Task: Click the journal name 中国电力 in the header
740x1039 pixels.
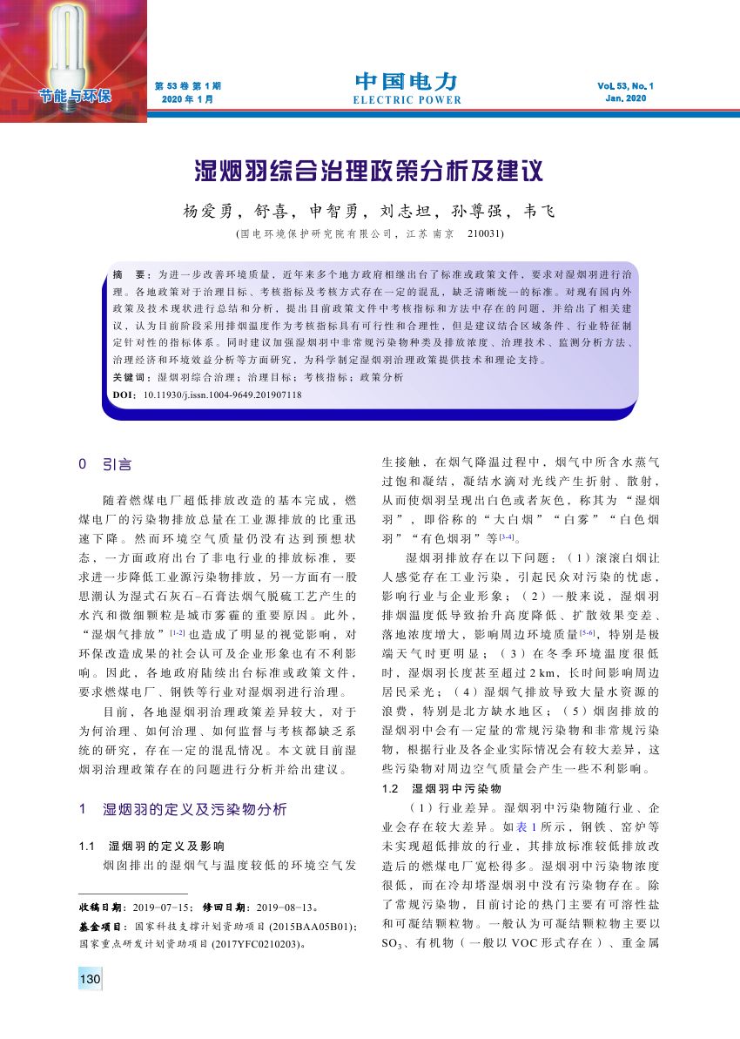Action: click(x=407, y=82)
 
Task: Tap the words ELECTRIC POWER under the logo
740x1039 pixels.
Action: click(x=407, y=100)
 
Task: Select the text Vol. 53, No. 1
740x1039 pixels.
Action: click(x=625, y=86)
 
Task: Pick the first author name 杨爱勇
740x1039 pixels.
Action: click(x=203, y=212)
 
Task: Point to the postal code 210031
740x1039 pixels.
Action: click(x=485, y=233)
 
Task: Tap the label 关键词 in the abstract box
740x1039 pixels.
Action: click(x=131, y=377)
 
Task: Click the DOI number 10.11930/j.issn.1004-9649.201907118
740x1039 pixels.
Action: click(x=222, y=395)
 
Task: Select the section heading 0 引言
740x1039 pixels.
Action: click(x=105, y=466)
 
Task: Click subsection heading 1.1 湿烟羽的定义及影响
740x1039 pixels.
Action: click(x=151, y=846)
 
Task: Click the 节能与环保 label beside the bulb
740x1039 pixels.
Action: click(x=74, y=95)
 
